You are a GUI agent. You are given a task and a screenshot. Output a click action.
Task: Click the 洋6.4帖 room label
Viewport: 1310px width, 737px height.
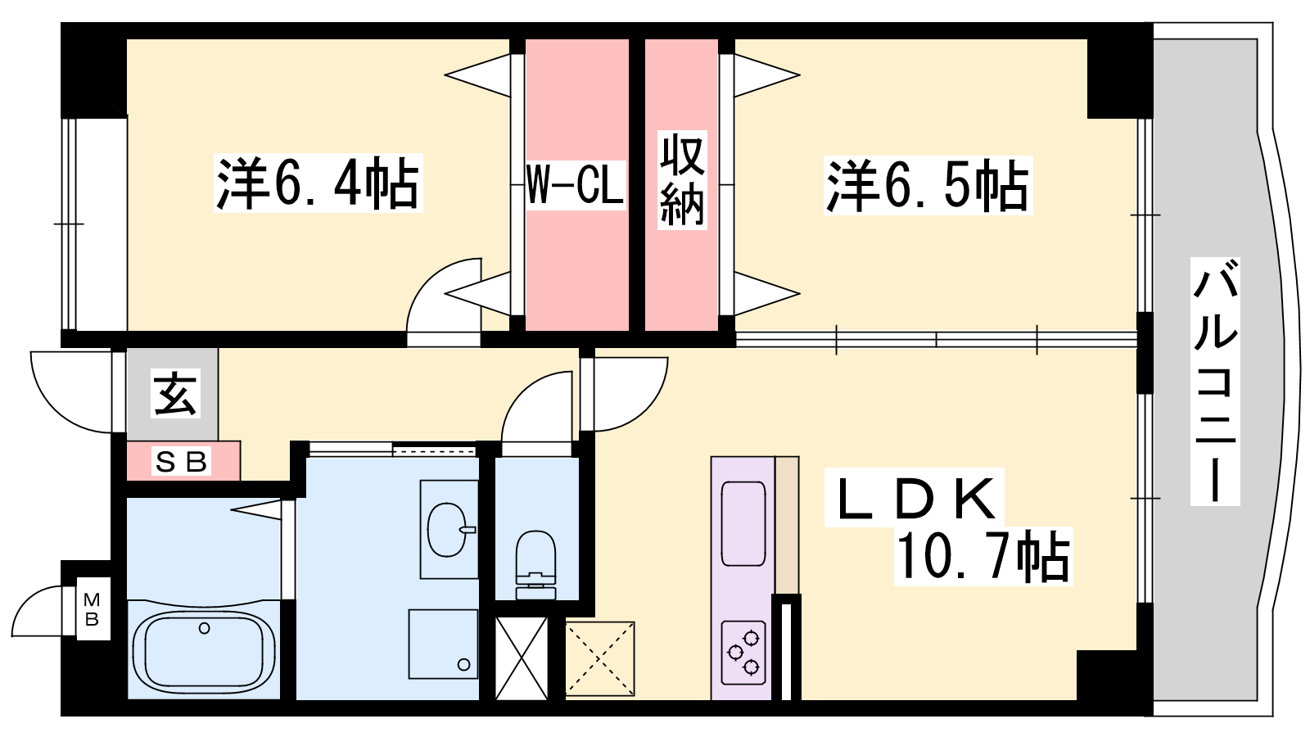pyautogui.click(x=318, y=183)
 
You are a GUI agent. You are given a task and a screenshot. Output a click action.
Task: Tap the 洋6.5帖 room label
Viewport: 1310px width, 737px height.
pyautogui.click(x=928, y=185)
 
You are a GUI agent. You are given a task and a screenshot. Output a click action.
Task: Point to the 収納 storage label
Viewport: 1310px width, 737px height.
pyautogui.click(x=682, y=179)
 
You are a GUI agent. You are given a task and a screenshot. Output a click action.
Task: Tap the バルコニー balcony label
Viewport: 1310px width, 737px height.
pyautogui.click(x=1215, y=382)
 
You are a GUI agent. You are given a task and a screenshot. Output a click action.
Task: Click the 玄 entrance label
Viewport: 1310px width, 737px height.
pyautogui.click(x=175, y=393)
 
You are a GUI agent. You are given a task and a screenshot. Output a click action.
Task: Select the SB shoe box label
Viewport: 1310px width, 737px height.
pyautogui.click(x=181, y=462)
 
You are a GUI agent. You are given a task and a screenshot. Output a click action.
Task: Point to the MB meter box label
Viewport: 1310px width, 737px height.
pyautogui.click(x=93, y=608)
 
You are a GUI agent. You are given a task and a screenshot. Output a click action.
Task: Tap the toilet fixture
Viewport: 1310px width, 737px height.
pyautogui.click(x=535, y=565)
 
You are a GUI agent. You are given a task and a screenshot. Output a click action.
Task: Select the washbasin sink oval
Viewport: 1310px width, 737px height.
pyautogui.click(x=448, y=529)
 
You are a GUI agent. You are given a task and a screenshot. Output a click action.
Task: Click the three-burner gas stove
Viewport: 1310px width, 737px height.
pyautogui.click(x=743, y=653)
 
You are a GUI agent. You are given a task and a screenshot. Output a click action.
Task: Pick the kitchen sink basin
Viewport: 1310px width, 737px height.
pyautogui.click(x=743, y=523)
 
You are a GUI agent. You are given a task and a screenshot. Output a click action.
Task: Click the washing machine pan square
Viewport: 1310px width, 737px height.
pyautogui.click(x=443, y=644)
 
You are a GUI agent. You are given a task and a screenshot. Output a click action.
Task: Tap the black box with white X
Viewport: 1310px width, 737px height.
pyautogui.click(x=522, y=658)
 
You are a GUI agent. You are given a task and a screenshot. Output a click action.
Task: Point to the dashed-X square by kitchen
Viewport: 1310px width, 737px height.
pyautogui.click(x=600, y=658)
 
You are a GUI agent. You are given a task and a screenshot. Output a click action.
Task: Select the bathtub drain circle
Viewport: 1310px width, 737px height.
pyautogui.click(x=204, y=628)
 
